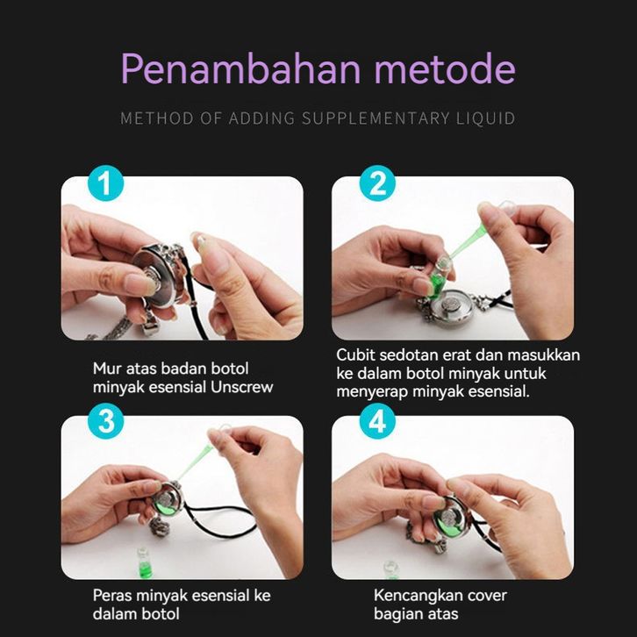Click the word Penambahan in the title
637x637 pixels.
[x=241, y=68]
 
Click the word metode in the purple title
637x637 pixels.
[x=445, y=68]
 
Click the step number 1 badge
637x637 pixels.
[x=105, y=183]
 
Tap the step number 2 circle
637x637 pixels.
[x=377, y=183]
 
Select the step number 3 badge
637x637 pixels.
[x=105, y=421]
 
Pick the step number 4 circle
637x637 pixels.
[x=377, y=421]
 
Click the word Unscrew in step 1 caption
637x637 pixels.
[x=241, y=387]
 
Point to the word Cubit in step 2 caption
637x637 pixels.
[x=356, y=354]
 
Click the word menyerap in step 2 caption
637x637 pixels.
[x=372, y=392]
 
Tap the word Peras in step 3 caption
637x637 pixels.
[x=112, y=595]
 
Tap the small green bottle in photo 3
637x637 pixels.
[x=145, y=562]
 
